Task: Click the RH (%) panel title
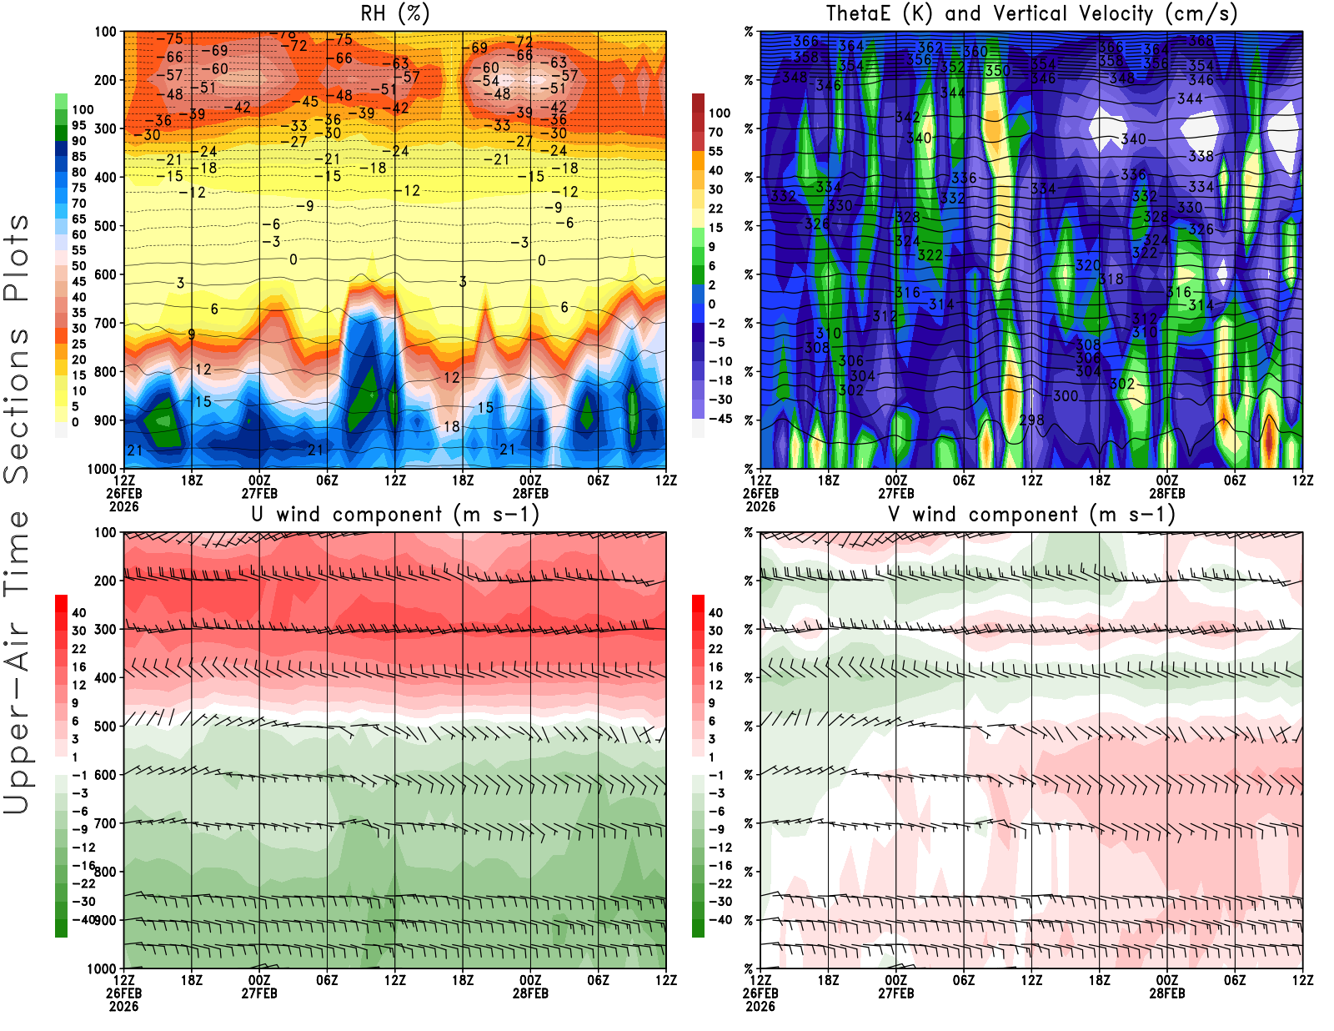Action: (395, 13)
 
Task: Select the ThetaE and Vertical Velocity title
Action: (1031, 13)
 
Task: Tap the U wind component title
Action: (395, 514)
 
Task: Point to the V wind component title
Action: (1031, 514)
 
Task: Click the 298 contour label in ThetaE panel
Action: (1031, 420)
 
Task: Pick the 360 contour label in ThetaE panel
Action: (975, 52)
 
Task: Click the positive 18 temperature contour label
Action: (451, 426)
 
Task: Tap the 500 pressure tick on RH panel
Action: (105, 225)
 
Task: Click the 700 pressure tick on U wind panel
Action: (105, 823)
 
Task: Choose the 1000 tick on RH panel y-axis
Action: (102, 469)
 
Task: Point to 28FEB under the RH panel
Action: (530, 493)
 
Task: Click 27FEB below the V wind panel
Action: (895, 993)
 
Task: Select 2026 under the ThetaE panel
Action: (760, 506)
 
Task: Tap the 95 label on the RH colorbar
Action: (78, 125)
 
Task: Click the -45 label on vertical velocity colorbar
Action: (720, 419)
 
